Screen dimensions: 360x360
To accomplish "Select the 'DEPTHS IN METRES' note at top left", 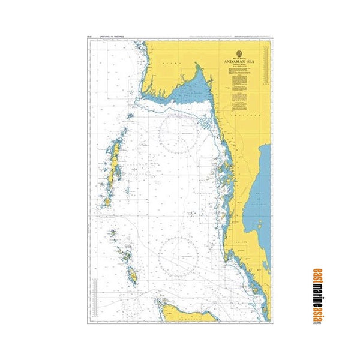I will [x=109, y=38].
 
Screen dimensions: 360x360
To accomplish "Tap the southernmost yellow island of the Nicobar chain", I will [x=133, y=276].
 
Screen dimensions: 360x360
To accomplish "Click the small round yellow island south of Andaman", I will [x=107, y=202].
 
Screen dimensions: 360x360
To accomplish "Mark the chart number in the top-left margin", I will [x=89, y=38].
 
